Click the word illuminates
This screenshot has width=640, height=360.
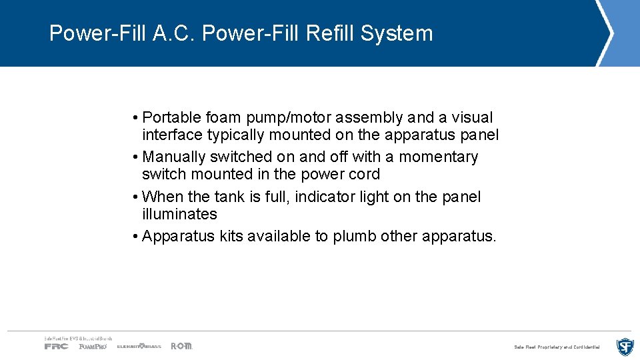pos(179,215)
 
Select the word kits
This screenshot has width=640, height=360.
pos(233,237)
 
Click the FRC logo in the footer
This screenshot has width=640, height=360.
pos(56,346)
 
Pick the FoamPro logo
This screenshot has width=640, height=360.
pos(93,346)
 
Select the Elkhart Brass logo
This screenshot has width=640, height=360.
pos(139,346)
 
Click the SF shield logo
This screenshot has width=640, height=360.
pos(625,347)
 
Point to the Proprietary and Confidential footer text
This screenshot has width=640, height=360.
pos(557,347)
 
